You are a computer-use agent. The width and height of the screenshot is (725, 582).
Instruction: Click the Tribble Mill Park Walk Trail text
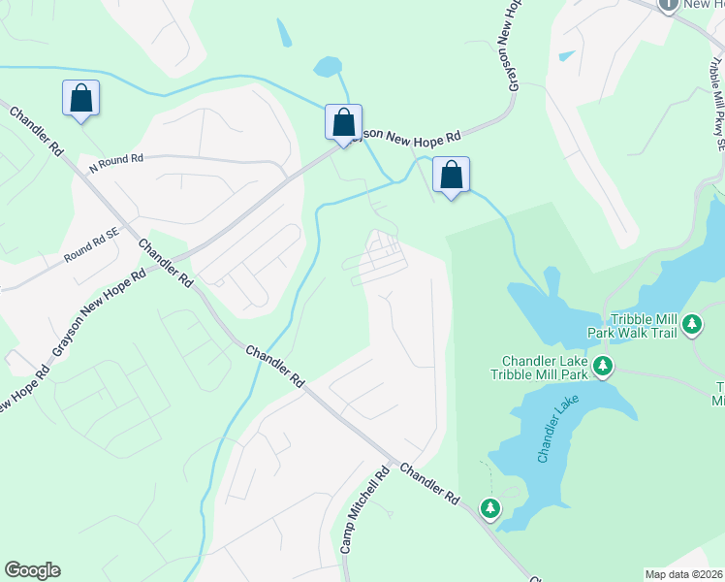[x=631, y=325]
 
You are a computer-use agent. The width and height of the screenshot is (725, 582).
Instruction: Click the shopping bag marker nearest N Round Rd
[x=80, y=98]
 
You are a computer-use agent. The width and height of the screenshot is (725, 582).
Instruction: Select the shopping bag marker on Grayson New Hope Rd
[x=343, y=123]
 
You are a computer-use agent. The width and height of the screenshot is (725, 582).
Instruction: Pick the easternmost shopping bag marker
[x=451, y=176]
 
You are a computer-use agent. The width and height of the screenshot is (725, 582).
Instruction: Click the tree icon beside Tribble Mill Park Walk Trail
[x=691, y=323]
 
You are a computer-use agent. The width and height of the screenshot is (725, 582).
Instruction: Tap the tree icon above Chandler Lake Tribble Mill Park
[x=604, y=366]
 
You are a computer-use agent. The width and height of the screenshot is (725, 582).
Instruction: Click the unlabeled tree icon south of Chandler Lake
[x=491, y=507]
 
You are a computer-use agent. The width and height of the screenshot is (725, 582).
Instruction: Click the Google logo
[x=32, y=570]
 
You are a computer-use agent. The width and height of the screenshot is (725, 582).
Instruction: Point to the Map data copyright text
[x=684, y=574]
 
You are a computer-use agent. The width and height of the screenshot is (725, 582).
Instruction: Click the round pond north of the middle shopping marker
[x=327, y=67]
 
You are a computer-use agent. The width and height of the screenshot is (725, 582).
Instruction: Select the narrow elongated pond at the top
[x=283, y=33]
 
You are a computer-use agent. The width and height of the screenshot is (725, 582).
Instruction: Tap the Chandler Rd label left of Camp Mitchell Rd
[x=275, y=368]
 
